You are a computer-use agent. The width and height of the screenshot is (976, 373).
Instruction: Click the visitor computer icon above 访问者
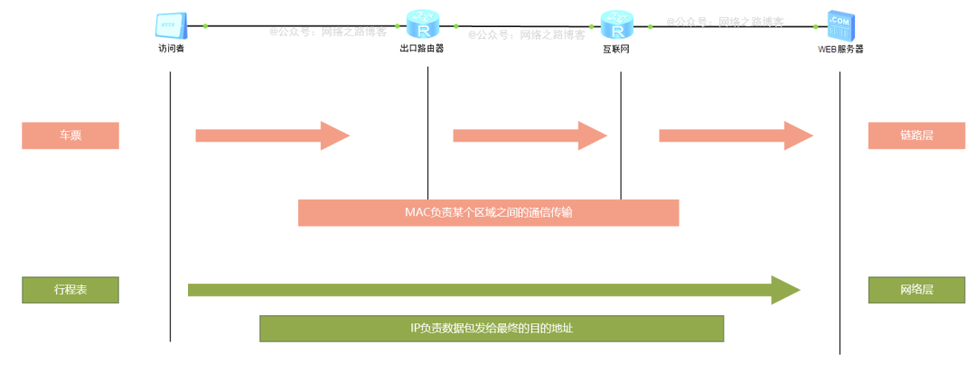coord(171,24)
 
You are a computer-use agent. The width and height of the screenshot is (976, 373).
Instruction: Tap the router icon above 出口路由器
coord(421,23)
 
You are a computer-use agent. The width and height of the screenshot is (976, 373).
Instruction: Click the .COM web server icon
coord(840,25)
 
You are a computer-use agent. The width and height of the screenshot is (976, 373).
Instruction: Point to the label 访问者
coord(171,49)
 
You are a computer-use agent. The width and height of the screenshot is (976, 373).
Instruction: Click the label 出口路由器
coord(421,49)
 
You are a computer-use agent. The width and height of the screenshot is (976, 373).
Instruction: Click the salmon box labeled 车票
coord(70,135)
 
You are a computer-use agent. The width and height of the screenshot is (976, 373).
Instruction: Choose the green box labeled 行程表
coord(70,290)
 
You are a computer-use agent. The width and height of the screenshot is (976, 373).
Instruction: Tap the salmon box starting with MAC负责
coord(488,212)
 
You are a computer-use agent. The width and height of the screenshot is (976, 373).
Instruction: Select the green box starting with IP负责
coord(492,329)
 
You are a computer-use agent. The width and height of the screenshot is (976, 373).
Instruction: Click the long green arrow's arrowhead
coord(784,290)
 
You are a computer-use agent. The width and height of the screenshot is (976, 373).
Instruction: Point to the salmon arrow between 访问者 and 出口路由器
coord(271,135)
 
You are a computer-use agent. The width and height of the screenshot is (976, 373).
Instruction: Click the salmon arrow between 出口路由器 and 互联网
coord(529,135)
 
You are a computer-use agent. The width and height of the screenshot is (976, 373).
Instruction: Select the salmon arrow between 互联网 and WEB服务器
coord(736,135)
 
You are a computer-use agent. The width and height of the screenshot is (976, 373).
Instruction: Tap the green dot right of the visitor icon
coord(206,25)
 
